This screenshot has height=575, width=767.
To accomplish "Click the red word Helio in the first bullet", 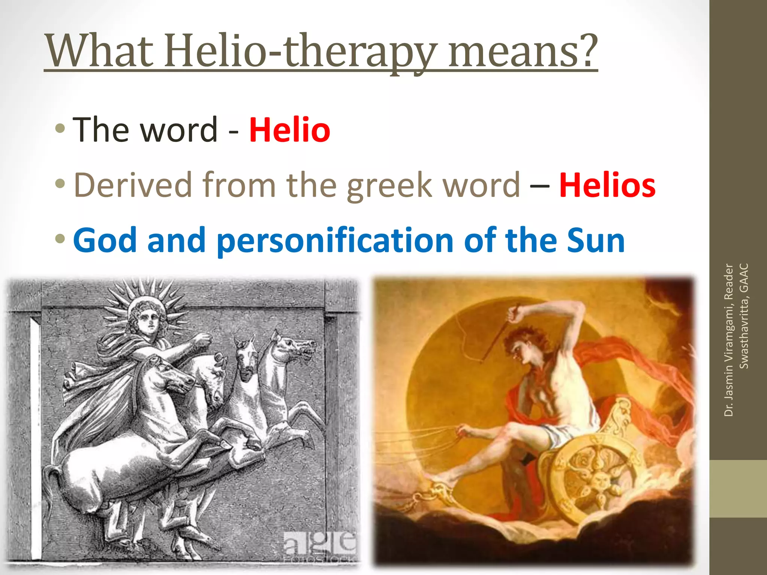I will (x=289, y=130).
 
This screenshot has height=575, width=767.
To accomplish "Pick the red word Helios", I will (x=607, y=185).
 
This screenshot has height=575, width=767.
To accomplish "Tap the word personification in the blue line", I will (x=335, y=241).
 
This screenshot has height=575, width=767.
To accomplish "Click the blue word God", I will (x=105, y=240).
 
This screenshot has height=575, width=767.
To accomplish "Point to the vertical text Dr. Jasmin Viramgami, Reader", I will (x=728, y=340).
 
